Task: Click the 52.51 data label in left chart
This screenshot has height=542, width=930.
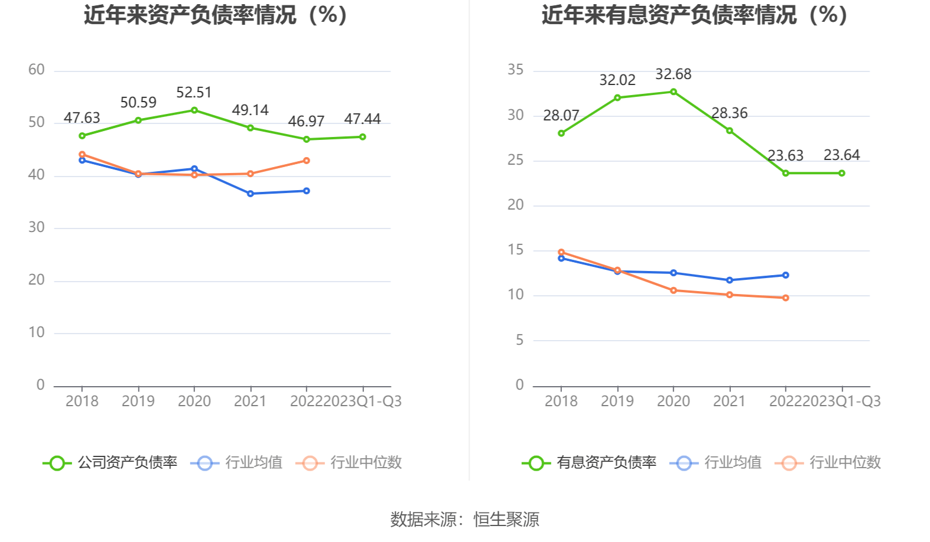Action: click(x=194, y=93)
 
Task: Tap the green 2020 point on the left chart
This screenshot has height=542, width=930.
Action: click(x=194, y=110)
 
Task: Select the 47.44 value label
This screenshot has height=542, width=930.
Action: click(x=362, y=119)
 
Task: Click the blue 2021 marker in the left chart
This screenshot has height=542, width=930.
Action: click(x=251, y=194)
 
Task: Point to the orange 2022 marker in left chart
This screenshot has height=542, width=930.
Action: click(x=307, y=161)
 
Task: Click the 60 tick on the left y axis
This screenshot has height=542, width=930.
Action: click(x=37, y=70)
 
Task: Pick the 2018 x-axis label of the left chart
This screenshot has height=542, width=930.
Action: click(x=82, y=401)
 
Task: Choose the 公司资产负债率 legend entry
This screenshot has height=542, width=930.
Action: click(x=110, y=463)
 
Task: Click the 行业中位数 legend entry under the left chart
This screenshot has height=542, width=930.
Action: click(x=349, y=463)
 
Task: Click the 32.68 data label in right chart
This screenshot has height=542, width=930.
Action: click(x=673, y=74)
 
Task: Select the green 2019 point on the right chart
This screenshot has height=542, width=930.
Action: click(x=617, y=98)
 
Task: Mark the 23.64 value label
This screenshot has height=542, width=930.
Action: click(x=841, y=155)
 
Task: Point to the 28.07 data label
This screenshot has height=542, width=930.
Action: click(x=561, y=116)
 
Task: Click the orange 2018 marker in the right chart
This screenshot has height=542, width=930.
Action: click(x=561, y=253)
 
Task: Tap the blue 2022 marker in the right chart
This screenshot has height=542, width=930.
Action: click(x=785, y=275)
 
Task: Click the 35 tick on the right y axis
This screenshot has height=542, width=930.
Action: click(x=515, y=70)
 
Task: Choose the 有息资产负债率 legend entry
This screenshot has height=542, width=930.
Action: click(x=590, y=463)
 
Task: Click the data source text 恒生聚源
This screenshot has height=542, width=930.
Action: click(x=506, y=520)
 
